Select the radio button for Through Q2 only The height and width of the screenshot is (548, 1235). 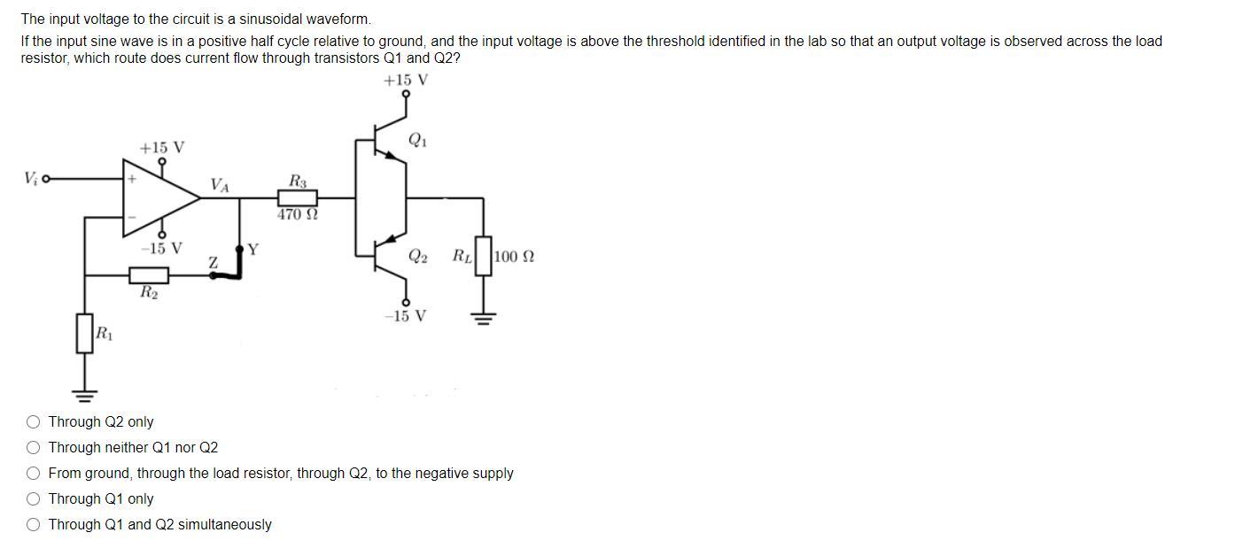33,422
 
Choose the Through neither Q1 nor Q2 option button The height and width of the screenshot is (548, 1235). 33,448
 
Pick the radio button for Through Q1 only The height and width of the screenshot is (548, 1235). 33,499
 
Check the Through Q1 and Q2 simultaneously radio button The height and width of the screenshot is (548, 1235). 33,525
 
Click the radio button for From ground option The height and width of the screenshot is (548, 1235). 33,474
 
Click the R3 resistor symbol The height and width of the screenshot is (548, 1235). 298,198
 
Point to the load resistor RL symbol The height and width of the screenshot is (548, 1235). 483,257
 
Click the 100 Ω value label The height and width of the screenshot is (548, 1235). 514,258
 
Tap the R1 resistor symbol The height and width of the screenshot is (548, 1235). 85,334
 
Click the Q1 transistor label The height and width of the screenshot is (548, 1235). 417,140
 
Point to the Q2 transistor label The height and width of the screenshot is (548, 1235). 418,257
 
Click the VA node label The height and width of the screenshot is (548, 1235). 220,185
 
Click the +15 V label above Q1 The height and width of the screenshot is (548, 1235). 406,81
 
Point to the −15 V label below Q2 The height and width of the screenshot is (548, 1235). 405,316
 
